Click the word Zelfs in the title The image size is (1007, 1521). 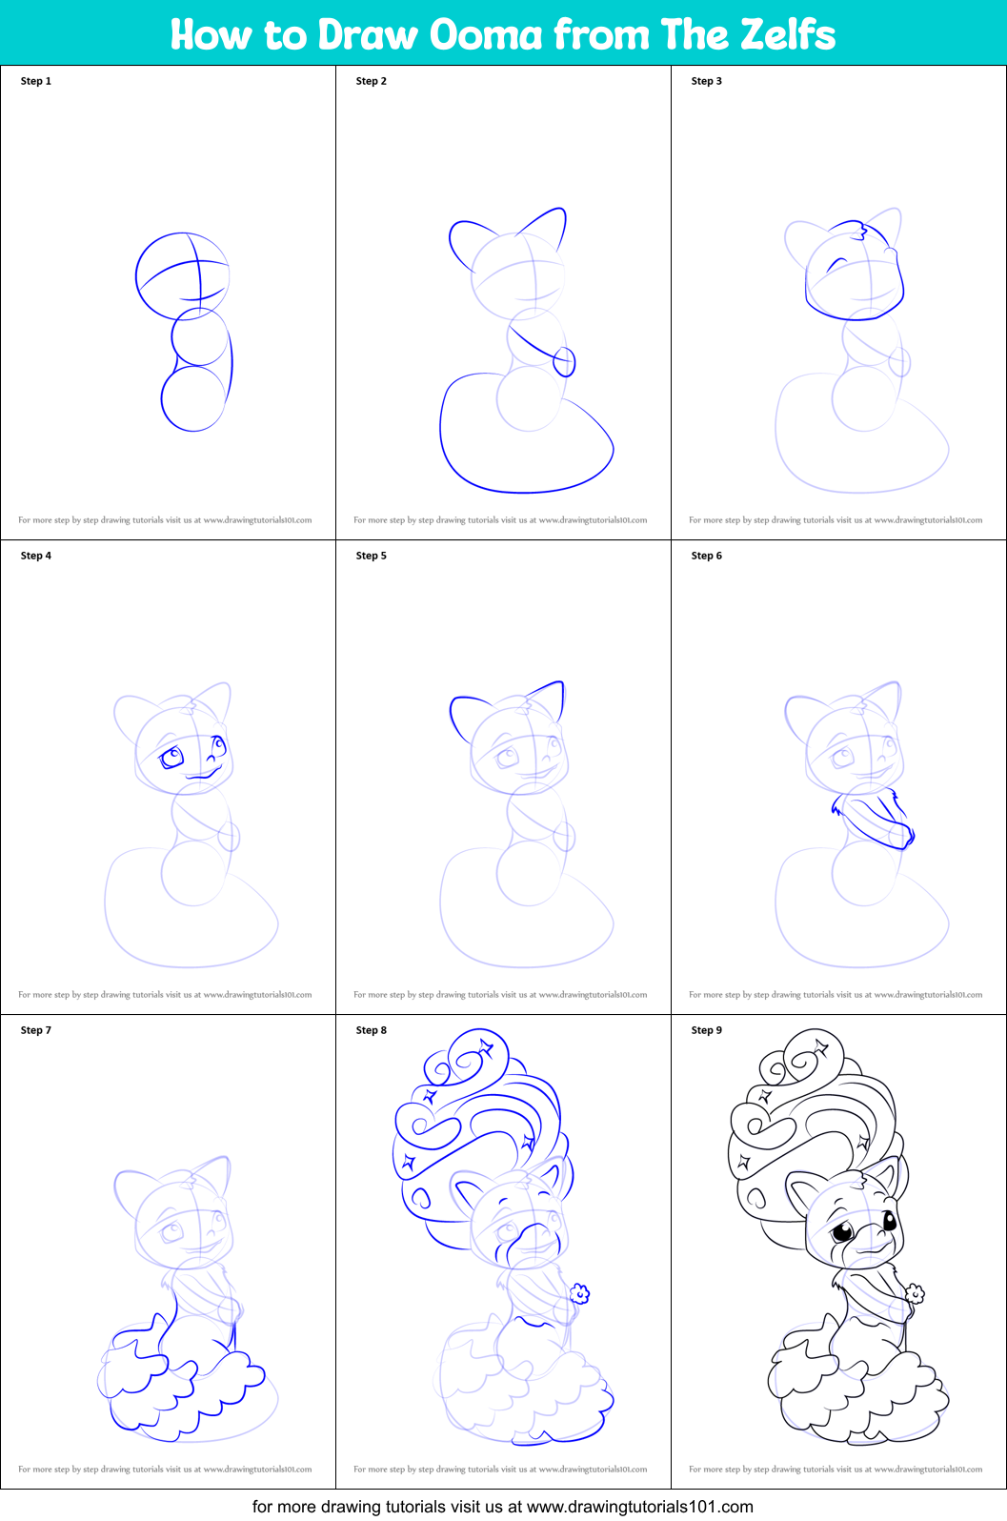pos(788,34)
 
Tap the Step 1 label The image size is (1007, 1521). pos(35,81)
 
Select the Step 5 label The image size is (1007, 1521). pos(371,556)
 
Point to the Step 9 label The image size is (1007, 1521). pos(706,1030)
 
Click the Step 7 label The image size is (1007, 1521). pos(35,1030)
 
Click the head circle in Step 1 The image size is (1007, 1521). pos(182,275)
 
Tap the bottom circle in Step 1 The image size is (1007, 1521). pos(193,398)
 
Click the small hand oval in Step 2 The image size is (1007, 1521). pos(564,361)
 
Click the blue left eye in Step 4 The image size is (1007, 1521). pos(172,759)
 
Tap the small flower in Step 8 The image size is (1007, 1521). pos(579,1293)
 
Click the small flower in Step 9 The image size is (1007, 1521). pos(915,1293)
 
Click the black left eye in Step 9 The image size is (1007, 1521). pos(843,1232)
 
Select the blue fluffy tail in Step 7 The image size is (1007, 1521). pos(181,1382)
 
